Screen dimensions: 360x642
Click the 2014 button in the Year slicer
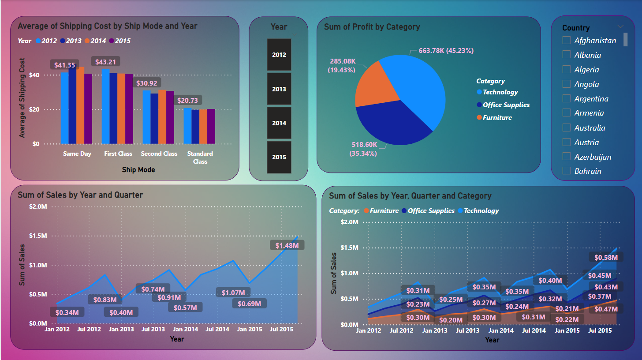point(279,123)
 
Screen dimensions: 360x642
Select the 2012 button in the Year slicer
point(279,55)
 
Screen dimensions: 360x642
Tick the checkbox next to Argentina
point(567,99)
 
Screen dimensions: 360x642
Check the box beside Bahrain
point(567,171)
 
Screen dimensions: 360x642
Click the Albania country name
point(587,55)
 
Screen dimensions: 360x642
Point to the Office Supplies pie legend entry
point(506,105)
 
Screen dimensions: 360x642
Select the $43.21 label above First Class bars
point(105,62)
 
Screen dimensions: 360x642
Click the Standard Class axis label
point(200,157)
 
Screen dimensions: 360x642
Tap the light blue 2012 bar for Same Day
point(64,108)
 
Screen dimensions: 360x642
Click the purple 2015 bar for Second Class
point(170,117)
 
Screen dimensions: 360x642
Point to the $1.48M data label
point(287,245)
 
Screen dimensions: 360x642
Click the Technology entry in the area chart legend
point(481,211)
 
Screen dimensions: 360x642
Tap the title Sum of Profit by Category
point(372,27)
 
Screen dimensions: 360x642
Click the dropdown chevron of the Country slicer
point(620,26)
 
